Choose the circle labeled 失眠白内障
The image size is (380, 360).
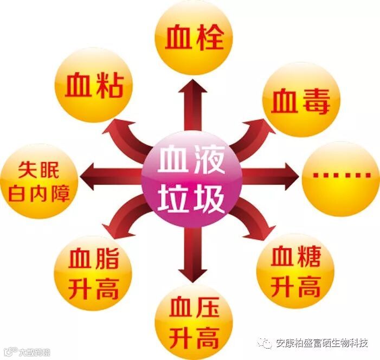tap(39, 181)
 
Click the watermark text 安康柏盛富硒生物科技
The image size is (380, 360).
tap(322, 343)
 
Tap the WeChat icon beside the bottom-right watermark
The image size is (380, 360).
tap(265, 343)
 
